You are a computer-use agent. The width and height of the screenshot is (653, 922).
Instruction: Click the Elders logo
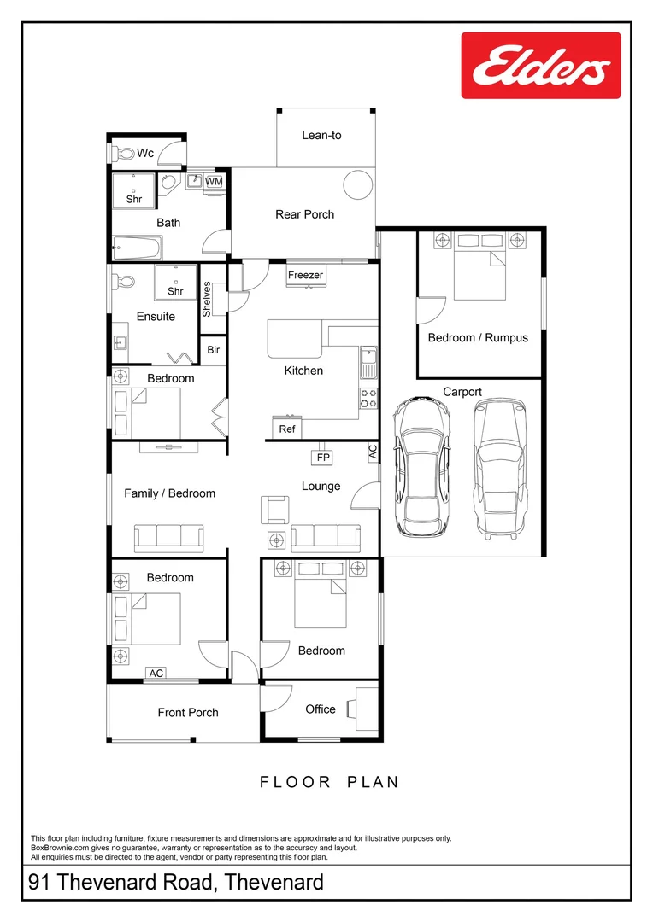click(x=540, y=66)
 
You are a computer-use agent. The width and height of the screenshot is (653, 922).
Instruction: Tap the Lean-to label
click(x=321, y=135)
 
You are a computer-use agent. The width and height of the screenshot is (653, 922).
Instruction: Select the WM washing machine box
click(x=214, y=181)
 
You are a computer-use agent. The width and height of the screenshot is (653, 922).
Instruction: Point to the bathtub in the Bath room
click(x=137, y=248)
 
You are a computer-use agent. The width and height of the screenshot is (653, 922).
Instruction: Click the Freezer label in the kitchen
click(x=305, y=275)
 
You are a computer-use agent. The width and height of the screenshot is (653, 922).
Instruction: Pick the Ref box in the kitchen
click(x=287, y=429)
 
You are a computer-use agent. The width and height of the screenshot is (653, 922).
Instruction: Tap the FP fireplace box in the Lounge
click(x=323, y=458)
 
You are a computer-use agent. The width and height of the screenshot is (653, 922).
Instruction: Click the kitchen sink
click(x=368, y=363)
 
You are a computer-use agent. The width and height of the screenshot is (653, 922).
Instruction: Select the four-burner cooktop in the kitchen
click(x=368, y=399)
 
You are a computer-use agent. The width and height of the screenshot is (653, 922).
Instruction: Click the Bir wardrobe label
click(x=213, y=350)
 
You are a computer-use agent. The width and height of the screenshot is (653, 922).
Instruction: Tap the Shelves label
click(x=207, y=299)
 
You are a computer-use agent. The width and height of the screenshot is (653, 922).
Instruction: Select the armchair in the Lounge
click(x=275, y=509)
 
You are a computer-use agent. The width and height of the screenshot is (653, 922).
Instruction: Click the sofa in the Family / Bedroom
click(x=168, y=538)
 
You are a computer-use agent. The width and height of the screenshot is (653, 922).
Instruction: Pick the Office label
click(x=321, y=709)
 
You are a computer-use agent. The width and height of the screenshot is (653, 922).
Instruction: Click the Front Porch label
click(x=188, y=713)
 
